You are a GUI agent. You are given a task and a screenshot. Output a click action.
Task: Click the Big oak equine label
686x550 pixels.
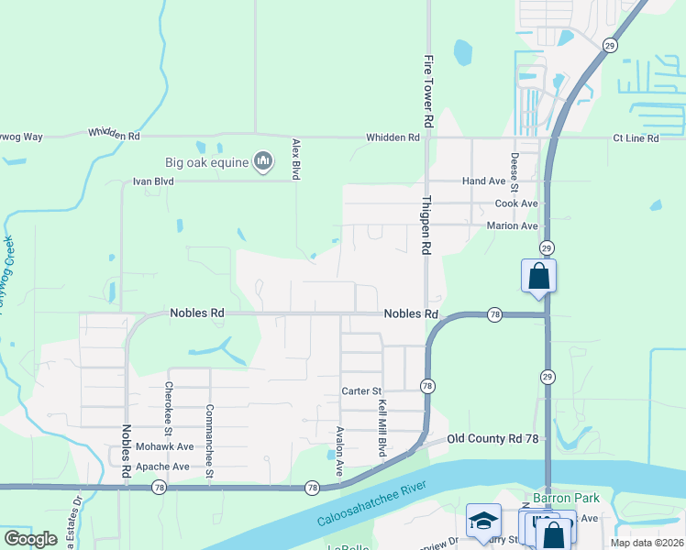pyautogui.click(x=207, y=162)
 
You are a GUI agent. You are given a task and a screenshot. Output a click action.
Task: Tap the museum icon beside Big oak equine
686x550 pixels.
pyautogui.click(x=263, y=162)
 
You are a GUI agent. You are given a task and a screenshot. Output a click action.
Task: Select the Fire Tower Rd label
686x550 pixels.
pyautogui.click(x=427, y=91)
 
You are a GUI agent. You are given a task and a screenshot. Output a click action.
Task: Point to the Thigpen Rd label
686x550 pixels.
pyautogui.click(x=426, y=225)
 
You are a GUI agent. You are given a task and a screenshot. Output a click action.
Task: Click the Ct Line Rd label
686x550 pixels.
pyautogui.click(x=636, y=138)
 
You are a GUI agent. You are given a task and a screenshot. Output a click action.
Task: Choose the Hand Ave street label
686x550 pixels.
pyautogui.click(x=484, y=181)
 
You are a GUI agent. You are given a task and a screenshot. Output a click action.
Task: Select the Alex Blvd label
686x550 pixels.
pyautogui.click(x=295, y=158)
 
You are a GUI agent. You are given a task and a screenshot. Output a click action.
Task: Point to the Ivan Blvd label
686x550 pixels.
pyautogui.click(x=153, y=181)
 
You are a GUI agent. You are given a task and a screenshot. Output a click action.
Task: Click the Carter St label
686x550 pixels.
pyautogui.click(x=361, y=390)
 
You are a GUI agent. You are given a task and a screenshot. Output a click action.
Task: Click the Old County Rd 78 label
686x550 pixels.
pyautogui.click(x=492, y=439)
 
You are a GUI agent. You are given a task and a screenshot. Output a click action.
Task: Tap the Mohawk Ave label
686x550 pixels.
pyautogui.click(x=165, y=446)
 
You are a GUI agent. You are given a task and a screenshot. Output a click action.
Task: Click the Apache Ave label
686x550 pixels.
pyautogui.click(x=162, y=467)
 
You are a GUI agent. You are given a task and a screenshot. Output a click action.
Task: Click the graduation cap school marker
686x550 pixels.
pyautogui.click(x=483, y=522)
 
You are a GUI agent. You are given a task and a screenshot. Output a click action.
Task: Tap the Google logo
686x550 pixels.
pyautogui.click(x=30, y=538)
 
